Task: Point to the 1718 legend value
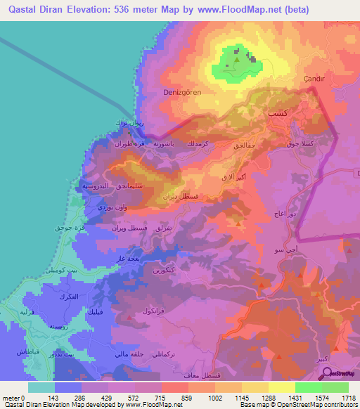[348, 398]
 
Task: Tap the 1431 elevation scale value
[295, 398]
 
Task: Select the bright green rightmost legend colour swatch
[335, 387]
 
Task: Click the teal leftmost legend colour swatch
[41, 387]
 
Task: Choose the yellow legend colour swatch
[282, 387]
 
